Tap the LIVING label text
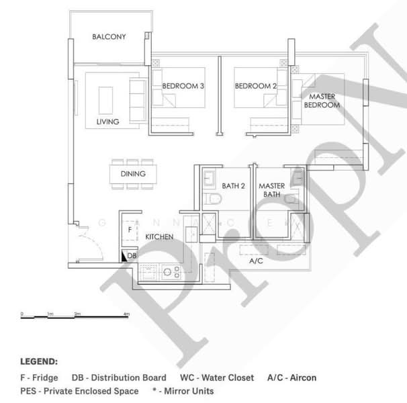tap(107, 122)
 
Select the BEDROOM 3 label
tap(183, 86)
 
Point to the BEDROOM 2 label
tap(256, 86)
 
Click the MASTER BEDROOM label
tap(322, 101)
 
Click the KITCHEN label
tap(159, 237)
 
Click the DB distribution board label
tap(132, 256)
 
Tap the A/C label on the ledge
tap(255, 261)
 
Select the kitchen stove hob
tap(172, 272)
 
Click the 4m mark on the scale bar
tap(127, 314)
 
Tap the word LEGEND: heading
tap(39, 361)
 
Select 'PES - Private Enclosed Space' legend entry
tap(79, 390)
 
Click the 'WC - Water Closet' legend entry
tap(217, 378)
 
